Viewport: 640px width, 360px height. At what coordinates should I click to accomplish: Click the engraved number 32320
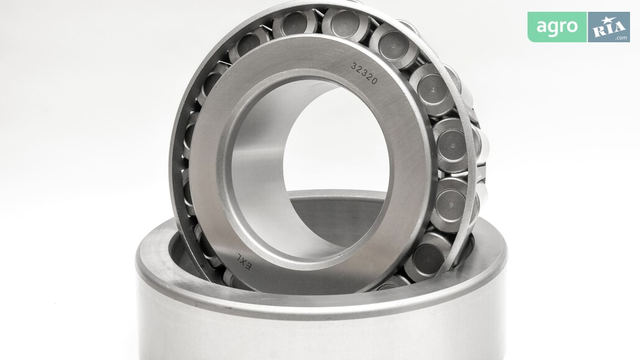(365, 73)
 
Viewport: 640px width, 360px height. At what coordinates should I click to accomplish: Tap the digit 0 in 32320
(375, 80)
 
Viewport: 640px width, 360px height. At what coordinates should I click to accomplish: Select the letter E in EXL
(249, 266)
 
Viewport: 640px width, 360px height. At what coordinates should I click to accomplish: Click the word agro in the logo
(557, 27)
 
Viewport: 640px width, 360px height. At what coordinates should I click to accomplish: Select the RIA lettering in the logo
(608, 29)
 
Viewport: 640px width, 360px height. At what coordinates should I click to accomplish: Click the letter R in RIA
(598, 30)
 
